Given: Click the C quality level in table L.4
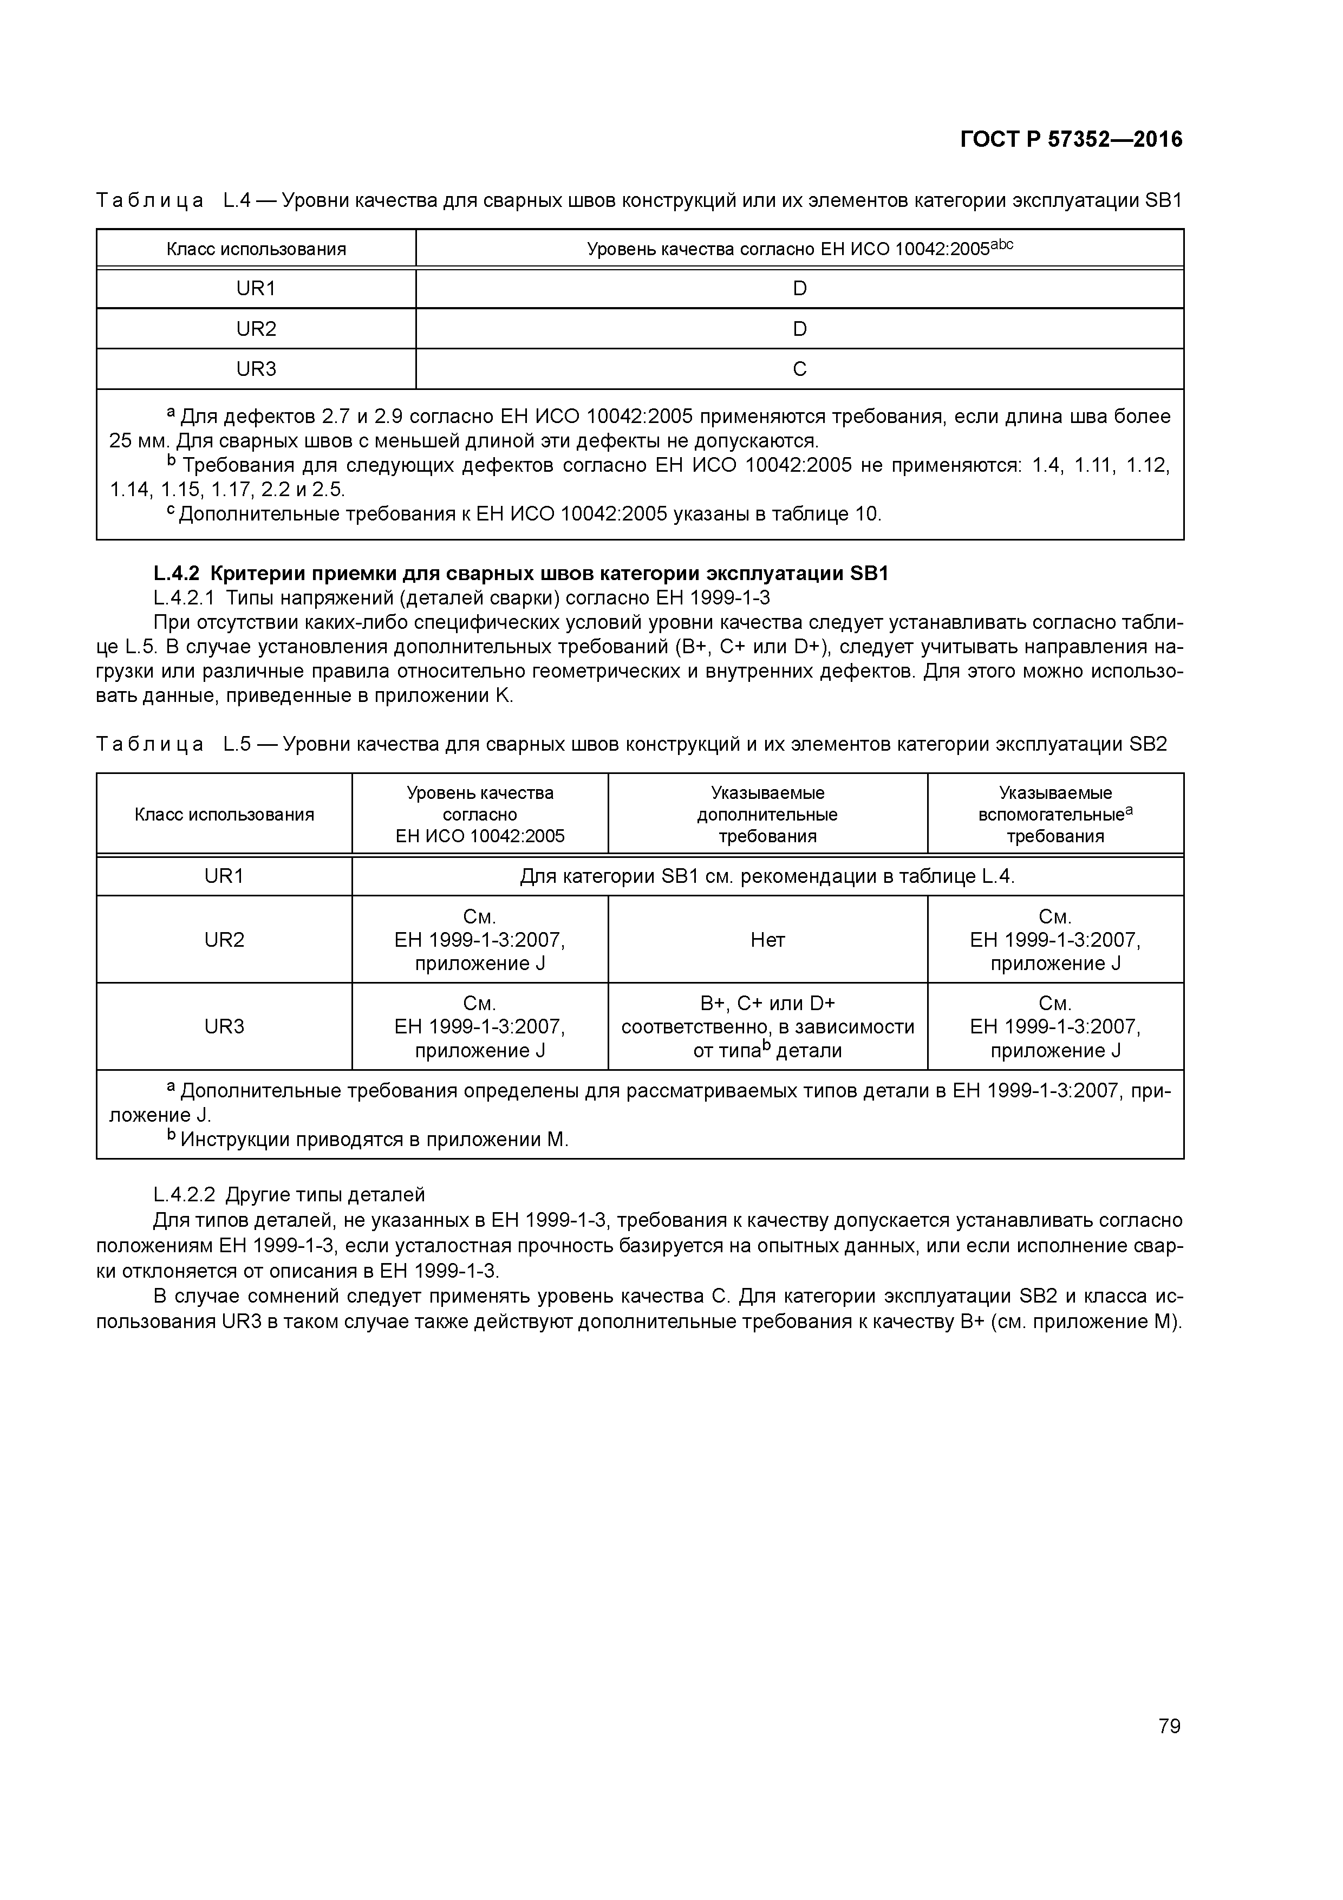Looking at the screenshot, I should point(799,369).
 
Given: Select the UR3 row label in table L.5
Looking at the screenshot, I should point(224,1027).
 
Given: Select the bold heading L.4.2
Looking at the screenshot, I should point(521,574).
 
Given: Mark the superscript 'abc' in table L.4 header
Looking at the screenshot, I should point(1002,244).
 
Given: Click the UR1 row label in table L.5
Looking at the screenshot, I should point(224,876).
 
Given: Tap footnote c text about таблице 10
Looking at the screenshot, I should point(530,515).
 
